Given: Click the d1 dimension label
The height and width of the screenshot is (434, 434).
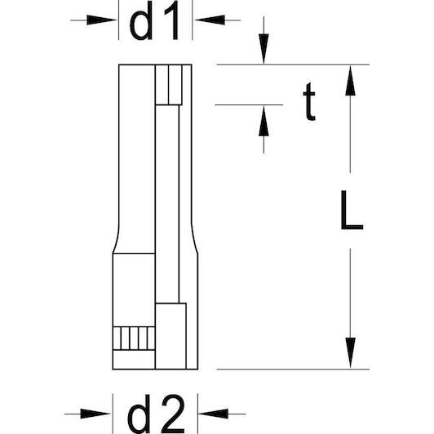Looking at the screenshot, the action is click(154, 21).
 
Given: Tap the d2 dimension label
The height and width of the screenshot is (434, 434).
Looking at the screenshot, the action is click(156, 414).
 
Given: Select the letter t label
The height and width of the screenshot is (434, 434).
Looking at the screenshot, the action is click(309, 101).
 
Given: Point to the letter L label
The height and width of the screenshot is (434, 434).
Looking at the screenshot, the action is click(352, 210).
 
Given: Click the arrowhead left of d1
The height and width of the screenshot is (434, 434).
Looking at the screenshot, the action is click(101, 20).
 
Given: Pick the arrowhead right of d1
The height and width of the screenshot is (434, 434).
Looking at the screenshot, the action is click(209, 20).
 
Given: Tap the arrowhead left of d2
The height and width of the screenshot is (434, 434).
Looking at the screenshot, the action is click(95, 414).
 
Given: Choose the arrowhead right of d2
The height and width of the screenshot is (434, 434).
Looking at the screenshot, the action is click(213, 414).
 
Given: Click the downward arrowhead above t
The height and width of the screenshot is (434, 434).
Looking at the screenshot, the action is click(263, 49).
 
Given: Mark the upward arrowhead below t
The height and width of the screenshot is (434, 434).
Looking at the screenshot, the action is click(263, 121).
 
